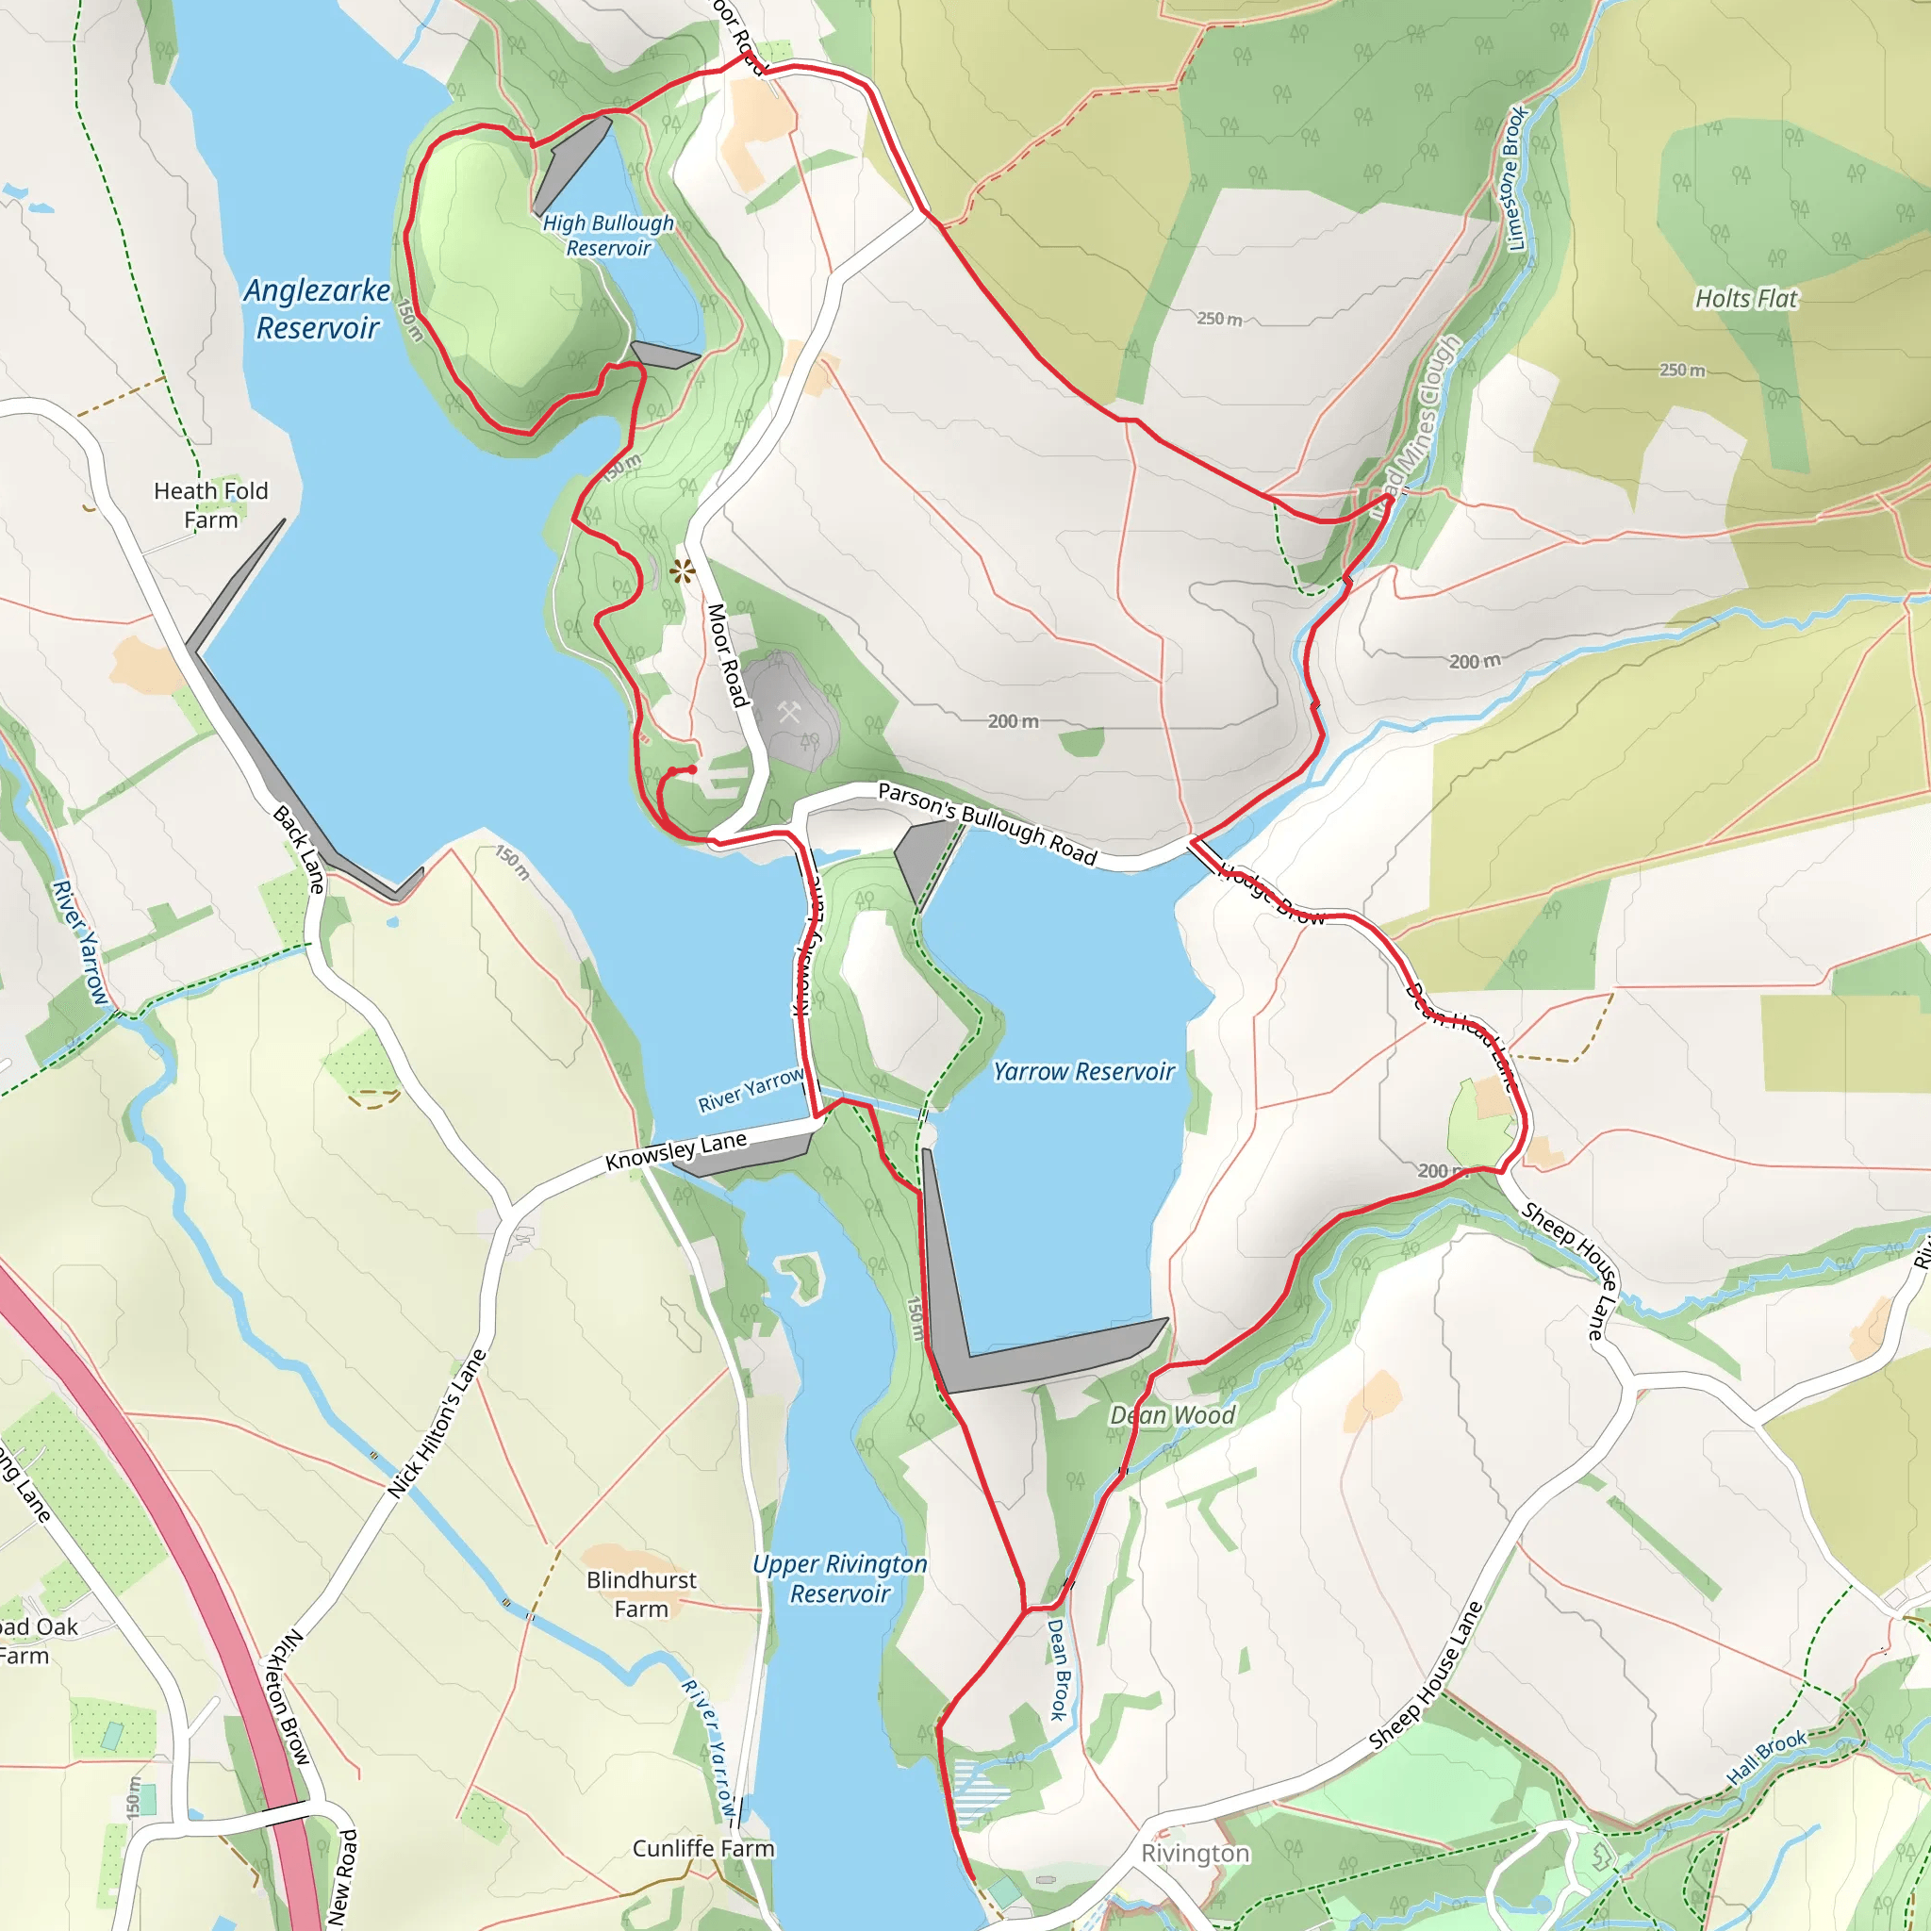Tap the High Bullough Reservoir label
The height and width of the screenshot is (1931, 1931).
click(608, 236)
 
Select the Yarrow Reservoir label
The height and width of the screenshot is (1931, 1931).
click(1083, 1071)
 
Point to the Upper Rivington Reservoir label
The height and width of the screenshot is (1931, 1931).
click(839, 1578)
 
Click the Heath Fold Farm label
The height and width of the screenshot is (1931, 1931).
click(211, 504)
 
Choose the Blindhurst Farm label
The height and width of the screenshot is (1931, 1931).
click(640, 1593)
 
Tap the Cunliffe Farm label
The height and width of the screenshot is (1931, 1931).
click(703, 1848)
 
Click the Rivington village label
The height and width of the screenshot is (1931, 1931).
click(1195, 1853)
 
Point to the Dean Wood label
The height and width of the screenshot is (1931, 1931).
click(1172, 1414)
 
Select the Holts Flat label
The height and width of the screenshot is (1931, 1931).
click(1745, 298)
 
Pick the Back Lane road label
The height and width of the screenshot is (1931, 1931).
click(299, 849)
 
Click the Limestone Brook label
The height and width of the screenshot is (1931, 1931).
click(1516, 178)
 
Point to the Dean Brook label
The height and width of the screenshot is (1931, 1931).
click(1059, 1668)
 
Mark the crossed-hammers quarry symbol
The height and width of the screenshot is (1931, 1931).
click(789, 713)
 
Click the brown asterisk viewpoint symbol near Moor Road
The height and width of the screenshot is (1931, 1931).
click(683, 572)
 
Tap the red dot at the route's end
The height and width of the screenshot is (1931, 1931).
click(692, 768)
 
